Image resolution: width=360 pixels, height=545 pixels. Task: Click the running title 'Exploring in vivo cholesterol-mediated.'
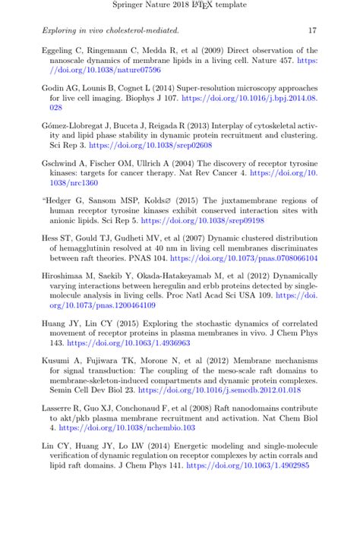(110, 31)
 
